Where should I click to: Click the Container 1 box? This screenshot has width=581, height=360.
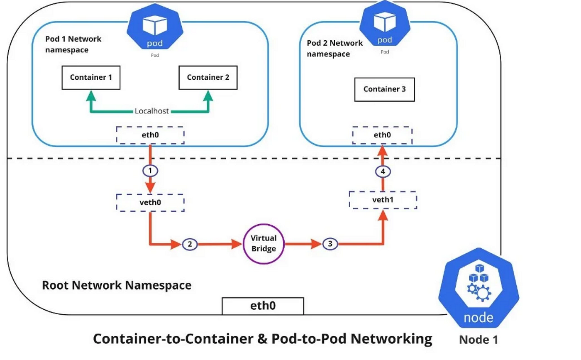tap(91, 77)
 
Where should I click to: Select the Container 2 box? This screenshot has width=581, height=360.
tap(207, 77)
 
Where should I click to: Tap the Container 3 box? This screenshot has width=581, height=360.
tap(384, 89)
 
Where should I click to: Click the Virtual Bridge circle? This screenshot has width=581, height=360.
tap(264, 244)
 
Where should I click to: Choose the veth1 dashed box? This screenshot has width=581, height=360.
tap(382, 200)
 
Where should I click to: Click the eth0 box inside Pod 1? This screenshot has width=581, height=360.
tap(149, 135)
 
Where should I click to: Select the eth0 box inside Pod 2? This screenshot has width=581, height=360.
tap(382, 135)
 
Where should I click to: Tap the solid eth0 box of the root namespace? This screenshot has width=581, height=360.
tap(263, 306)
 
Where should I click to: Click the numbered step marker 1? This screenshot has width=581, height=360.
tap(149, 170)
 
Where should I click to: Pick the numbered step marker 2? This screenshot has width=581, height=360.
tap(190, 244)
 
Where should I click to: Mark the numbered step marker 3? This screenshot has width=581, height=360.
tap(330, 244)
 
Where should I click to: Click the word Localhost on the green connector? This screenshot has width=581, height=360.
tap(151, 111)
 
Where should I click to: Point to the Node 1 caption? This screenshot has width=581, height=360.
tap(478, 340)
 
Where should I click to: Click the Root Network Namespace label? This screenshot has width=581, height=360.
tap(117, 286)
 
